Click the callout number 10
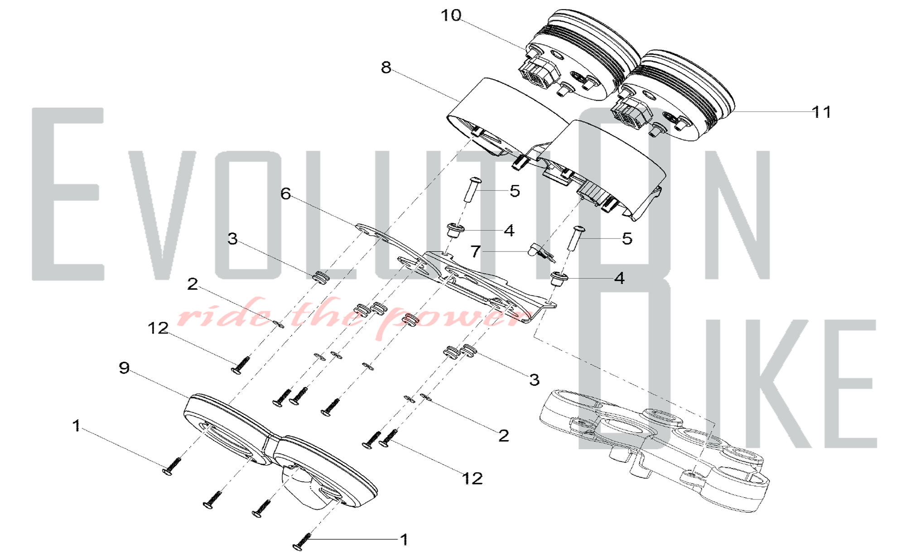(x=451, y=16)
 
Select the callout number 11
(x=821, y=112)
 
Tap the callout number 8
(x=386, y=68)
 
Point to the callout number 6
(x=285, y=194)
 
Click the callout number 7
(x=475, y=252)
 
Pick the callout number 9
(x=124, y=368)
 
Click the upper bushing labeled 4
(x=455, y=230)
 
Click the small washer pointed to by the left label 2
(x=279, y=324)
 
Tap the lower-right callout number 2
(x=503, y=436)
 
